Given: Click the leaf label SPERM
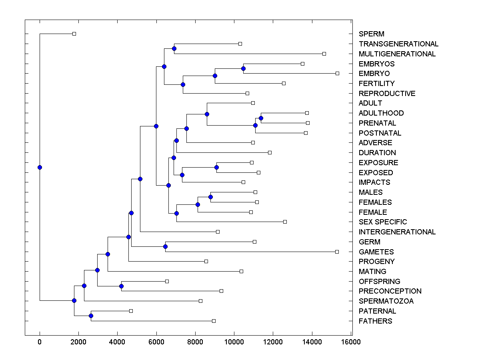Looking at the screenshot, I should coord(371,34).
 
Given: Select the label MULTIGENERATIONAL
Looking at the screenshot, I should coord(397,54).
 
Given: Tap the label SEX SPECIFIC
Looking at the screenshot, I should coord(382,222).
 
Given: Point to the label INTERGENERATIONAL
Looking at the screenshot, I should coord(397,232).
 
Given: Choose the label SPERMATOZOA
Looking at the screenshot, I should coord(386,301).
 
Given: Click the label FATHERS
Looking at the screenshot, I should coord(375,321).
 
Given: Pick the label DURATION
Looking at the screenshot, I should coord(377,153).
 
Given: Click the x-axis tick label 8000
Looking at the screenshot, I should coord(195,342).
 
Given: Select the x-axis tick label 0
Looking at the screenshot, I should coord(40,342).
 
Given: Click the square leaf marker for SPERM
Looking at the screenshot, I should coord(74,34).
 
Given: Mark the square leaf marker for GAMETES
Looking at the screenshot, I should coord(337,252).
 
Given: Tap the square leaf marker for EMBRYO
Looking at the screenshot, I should coord(337,73).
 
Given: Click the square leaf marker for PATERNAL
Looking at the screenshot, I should coord(131,311).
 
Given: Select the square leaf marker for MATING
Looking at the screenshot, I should coord(241,271).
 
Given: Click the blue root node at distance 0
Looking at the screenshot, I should coord(40,167).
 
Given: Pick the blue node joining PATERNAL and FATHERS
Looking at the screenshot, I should coord(91,316).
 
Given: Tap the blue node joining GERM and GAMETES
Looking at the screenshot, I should coord(165,246).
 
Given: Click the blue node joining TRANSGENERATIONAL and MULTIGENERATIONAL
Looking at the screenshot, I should coord(174,48).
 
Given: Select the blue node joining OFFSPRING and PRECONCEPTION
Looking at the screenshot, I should coord(121,286).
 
